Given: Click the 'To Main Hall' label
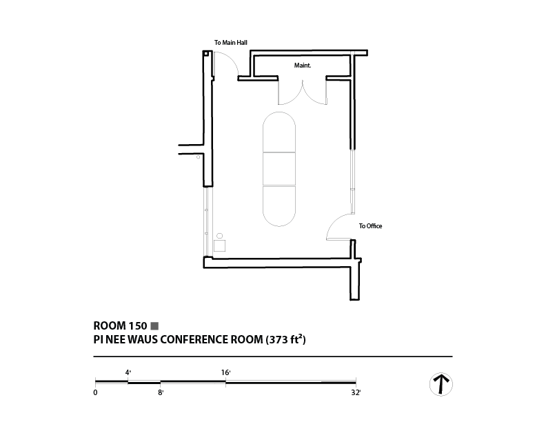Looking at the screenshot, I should [x=231, y=43].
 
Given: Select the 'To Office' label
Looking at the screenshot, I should [x=370, y=226].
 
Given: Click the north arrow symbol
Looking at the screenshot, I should [x=441, y=384].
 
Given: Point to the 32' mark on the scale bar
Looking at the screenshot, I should [x=356, y=392].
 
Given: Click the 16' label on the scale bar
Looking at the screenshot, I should [x=225, y=372].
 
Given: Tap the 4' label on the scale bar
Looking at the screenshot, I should [x=128, y=372].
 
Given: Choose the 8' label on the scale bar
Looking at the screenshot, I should [x=161, y=392].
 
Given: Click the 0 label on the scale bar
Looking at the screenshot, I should [x=95, y=392].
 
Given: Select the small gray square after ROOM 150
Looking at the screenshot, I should [x=155, y=325].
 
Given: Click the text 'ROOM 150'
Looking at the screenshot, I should [x=120, y=325].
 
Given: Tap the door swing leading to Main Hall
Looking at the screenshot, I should [x=225, y=65].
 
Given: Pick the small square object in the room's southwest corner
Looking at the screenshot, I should [x=220, y=245].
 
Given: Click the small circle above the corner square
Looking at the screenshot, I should [x=220, y=235].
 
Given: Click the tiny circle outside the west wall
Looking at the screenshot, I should [x=198, y=157].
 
